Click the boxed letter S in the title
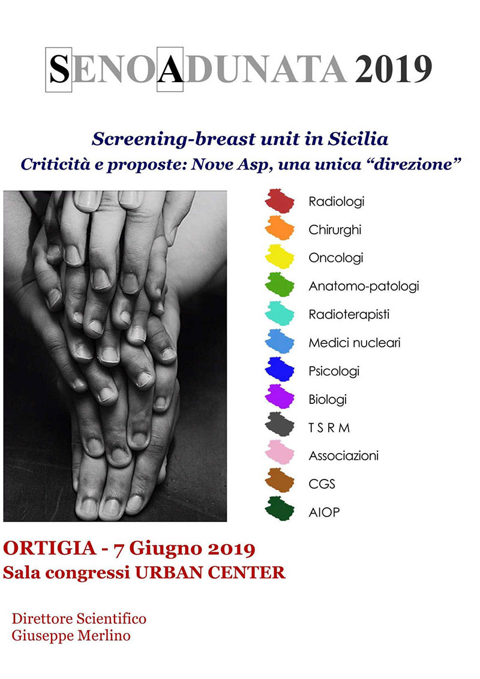(x=59, y=70)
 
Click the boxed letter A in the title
(x=170, y=70)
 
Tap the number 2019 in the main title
(x=393, y=69)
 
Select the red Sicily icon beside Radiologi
(x=280, y=201)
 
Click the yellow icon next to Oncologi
(x=280, y=256)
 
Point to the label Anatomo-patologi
(x=364, y=286)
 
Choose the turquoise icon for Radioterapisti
(x=280, y=313)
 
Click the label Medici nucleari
(x=355, y=343)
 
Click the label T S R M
(x=329, y=428)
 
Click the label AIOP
(x=325, y=512)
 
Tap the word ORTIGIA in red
(x=49, y=548)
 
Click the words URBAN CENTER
(x=210, y=572)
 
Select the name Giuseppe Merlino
(x=71, y=636)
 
